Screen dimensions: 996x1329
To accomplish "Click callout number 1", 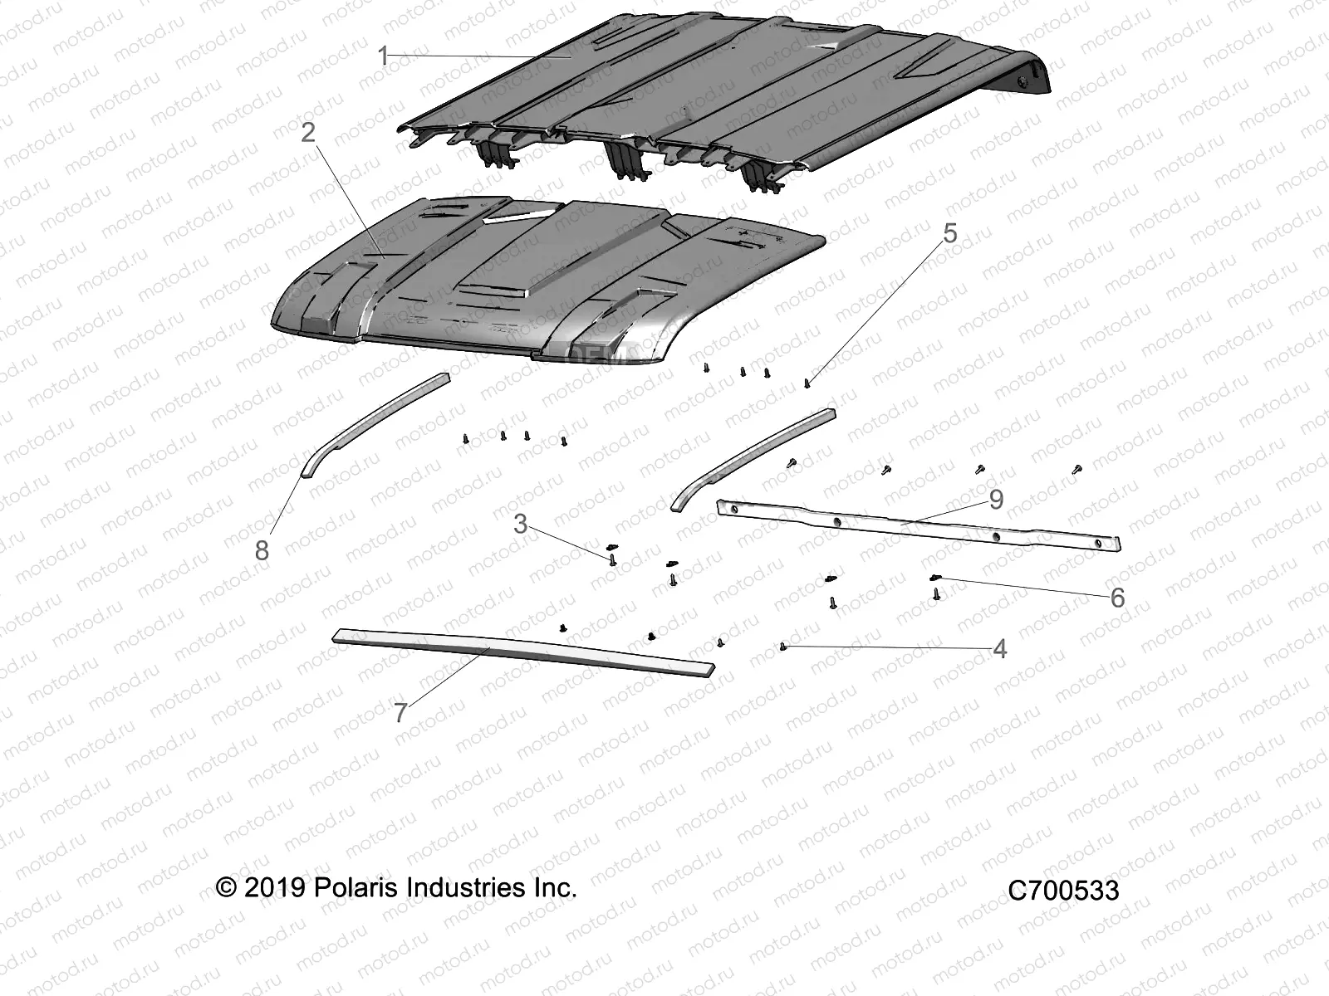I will click(x=383, y=56).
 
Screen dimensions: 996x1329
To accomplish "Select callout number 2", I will click(x=308, y=132).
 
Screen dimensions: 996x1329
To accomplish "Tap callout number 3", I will click(x=520, y=524).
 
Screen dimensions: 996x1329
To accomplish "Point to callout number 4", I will click(x=1000, y=649).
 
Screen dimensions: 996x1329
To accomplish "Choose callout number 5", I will click(x=949, y=233).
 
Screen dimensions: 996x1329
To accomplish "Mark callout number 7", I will click(x=400, y=712).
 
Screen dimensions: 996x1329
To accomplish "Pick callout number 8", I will click(x=262, y=549).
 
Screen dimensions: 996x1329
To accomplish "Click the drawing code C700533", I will click(x=1063, y=891).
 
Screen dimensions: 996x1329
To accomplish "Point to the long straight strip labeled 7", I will click(x=523, y=653).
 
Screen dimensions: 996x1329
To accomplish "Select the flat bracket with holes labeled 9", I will click(x=914, y=525).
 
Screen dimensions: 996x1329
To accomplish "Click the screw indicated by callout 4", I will click(x=783, y=646).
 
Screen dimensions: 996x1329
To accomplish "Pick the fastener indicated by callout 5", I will click(x=807, y=383).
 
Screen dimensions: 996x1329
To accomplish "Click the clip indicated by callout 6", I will click(x=935, y=578).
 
